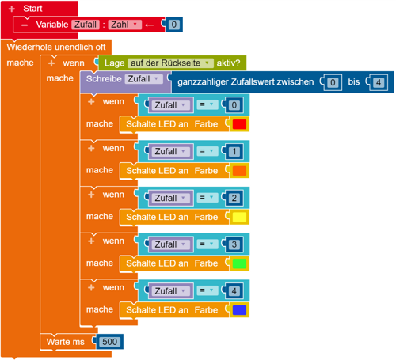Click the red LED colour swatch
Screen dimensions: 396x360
[239, 124]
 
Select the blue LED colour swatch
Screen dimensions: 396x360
[239, 310]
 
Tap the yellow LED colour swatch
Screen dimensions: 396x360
[239, 217]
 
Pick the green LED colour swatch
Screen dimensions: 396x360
[239, 263]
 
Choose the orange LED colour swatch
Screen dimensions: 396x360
[239, 171]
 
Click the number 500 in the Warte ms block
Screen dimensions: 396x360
[109, 342]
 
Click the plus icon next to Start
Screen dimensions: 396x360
[12, 9]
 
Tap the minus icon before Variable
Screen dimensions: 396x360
[25, 25]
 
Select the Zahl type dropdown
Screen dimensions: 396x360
[124, 25]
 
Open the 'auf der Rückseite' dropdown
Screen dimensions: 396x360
[170, 63]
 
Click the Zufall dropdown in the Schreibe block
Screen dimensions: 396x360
[144, 79]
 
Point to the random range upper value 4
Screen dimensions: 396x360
[379, 82]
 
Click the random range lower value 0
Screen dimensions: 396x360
[333, 82]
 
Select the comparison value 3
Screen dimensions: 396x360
[234, 244]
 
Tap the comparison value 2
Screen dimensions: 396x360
[234, 198]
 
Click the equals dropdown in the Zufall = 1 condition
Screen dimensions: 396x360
[208, 151]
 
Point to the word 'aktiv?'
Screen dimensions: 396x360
[228, 63]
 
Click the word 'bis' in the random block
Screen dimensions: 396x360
[354, 82]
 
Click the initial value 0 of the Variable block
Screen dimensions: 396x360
[173, 25]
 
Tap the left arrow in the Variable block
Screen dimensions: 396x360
[150, 25]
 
